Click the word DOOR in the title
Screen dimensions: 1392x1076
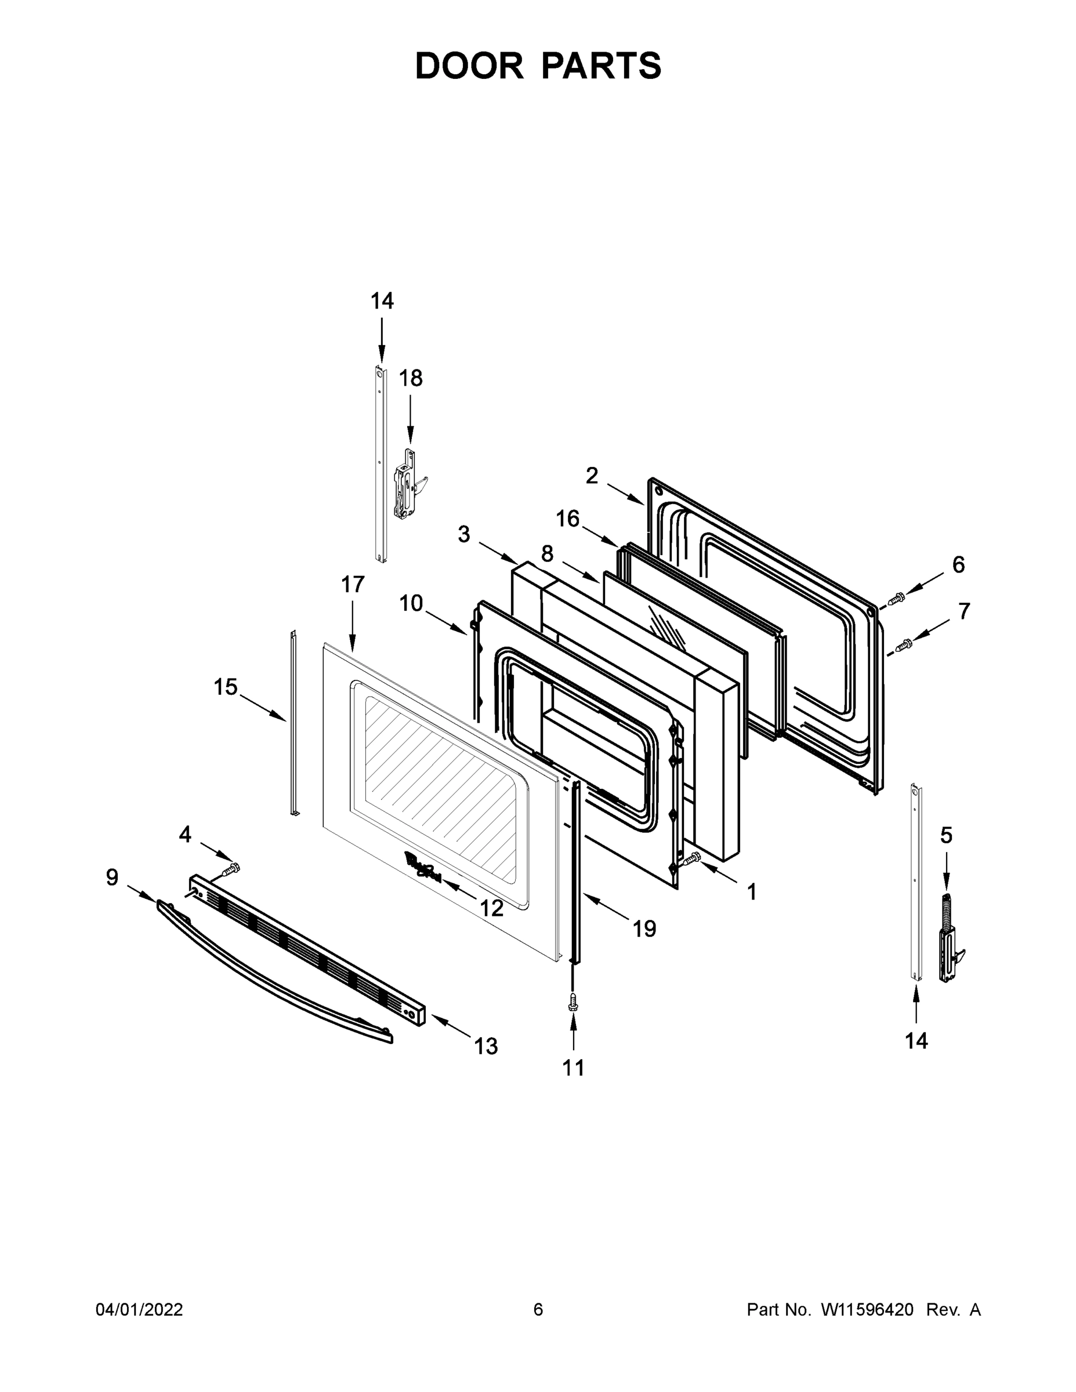(x=469, y=66)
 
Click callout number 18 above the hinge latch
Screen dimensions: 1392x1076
(x=411, y=378)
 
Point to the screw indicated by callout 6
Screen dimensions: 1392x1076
(x=897, y=598)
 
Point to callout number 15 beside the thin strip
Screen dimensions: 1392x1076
(x=225, y=687)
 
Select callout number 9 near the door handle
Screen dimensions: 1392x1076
(x=112, y=878)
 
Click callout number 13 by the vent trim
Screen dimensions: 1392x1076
(x=486, y=1046)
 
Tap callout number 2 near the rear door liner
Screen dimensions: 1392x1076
(x=592, y=475)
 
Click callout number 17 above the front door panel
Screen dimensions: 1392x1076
(x=353, y=584)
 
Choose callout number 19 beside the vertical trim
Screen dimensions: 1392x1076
(x=644, y=929)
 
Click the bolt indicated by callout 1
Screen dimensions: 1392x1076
(x=691, y=858)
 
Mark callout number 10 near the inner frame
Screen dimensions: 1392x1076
(x=411, y=603)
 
